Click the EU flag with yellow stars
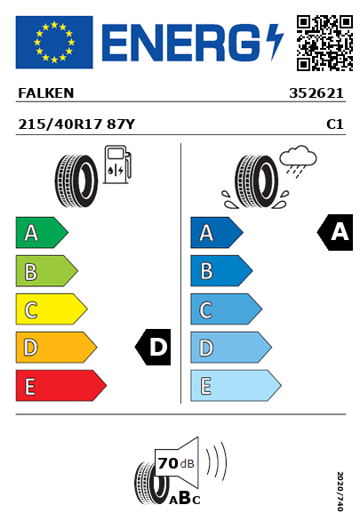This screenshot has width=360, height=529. (x=54, y=42)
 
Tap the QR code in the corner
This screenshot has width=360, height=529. (x=324, y=43)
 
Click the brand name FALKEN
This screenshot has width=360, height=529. (x=46, y=93)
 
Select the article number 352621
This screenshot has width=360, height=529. (x=316, y=93)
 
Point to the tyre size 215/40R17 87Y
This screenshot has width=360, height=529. (x=76, y=124)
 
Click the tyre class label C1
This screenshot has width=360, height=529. (x=335, y=124)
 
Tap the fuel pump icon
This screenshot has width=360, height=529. (x=117, y=164)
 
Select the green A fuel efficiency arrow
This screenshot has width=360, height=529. (x=42, y=232)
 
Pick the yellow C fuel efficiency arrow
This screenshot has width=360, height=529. (x=52, y=309)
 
